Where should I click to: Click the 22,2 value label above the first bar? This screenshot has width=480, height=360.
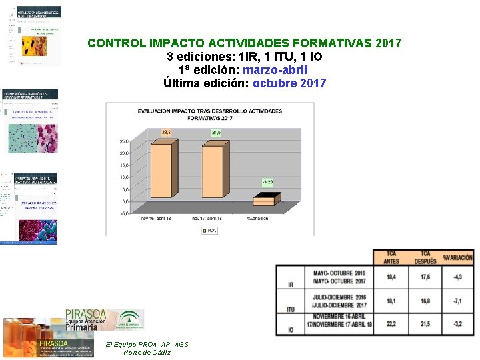pyautogui.click(x=165, y=133)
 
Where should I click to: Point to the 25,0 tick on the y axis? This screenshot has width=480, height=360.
pyautogui.click(x=124, y=141)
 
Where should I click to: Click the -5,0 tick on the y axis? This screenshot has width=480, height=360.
pyautogui.click(x=124, y=213)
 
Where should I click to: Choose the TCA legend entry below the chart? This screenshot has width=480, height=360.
pyautogui.click(x=209, y=230)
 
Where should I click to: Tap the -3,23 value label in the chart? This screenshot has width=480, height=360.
pyautogui.click(x=267, y=181)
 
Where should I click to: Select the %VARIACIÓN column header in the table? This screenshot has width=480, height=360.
pyautogui.click(x=457, y=257)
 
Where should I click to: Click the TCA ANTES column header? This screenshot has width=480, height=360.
pyautogui.click(x=391, y=257)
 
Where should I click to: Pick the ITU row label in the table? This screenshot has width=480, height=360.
pyautogui.click(x=290, y=309)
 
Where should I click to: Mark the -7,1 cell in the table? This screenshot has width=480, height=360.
pyautogui.click(x=457, y=301)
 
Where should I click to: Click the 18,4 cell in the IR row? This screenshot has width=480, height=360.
pyautogui.click(x=391, y=277)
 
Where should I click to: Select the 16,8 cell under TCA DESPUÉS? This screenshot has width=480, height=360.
pyautogui.click(x=425, y=301)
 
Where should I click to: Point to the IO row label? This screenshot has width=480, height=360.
pyautogui.click(x=290, y=330)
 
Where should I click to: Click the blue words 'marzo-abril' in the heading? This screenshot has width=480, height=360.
pyautogui.click(x=275, y=70)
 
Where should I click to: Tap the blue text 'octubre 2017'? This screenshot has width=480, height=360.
pyautogui.click(x=289, y=83)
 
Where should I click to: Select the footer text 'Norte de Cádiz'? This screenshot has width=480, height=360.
pyautogui.click(x=147, y=352)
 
